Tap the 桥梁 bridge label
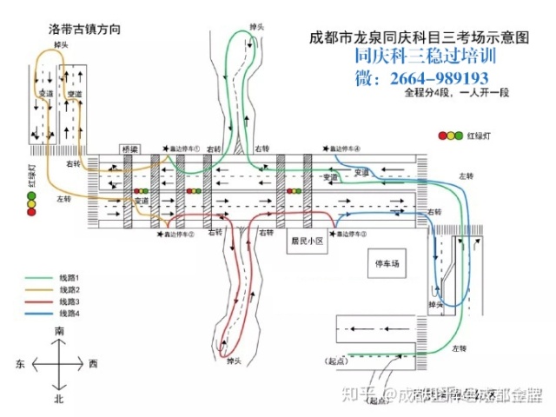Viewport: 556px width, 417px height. tap(129, 149)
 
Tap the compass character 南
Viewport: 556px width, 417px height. tap(60, 332)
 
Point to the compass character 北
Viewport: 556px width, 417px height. tap(60, 399)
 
